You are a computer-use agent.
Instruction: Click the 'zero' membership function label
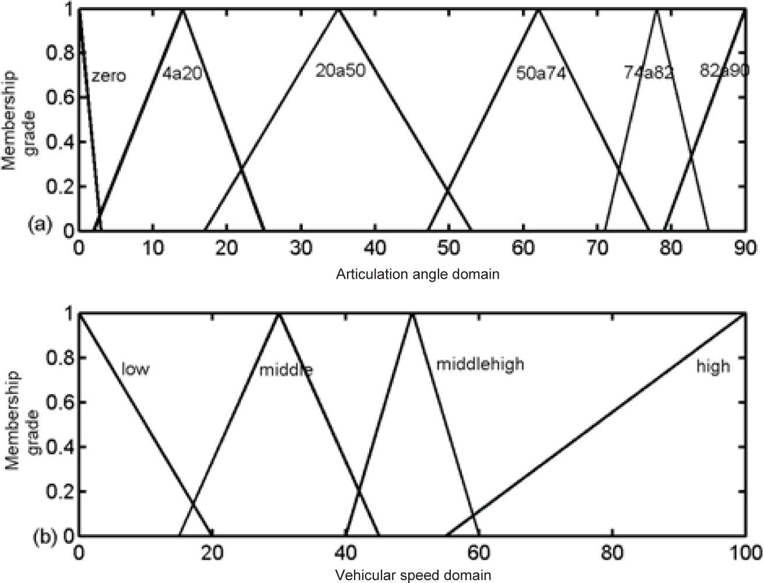(x=109, y=76)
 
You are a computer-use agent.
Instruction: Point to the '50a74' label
(x=541, y=74)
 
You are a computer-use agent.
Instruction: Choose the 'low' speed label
(x=135, y=369)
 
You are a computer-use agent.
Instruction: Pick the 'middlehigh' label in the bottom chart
(x=480, y=364)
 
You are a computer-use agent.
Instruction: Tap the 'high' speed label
(x=713, y=366)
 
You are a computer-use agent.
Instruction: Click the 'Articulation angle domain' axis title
(x=417, y=274)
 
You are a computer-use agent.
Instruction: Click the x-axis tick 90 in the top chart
(x=743, y=247)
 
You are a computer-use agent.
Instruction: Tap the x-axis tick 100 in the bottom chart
(x=742, y=552)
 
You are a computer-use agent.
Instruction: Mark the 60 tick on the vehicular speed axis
(x=478, y=552)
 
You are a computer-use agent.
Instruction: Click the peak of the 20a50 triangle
(x=337, y=10)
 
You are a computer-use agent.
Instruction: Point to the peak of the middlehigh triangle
(x=412, y=314)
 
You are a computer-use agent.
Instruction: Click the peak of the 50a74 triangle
(x=538, y=10)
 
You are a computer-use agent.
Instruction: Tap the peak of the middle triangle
(x=279, y=314)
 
